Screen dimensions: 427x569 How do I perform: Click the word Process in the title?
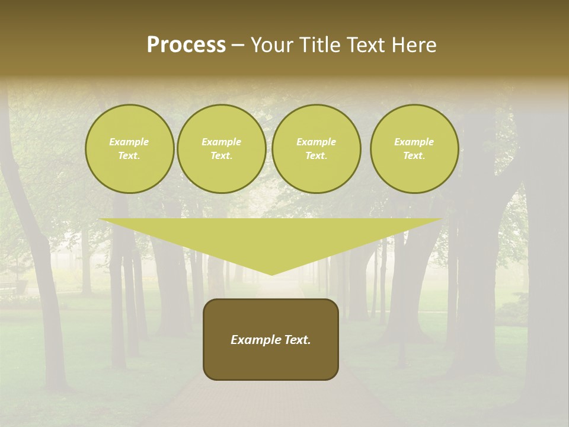[186, 45]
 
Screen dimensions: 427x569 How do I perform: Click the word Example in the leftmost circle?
[129, 142]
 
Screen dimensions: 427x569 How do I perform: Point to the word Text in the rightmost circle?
[414, 156]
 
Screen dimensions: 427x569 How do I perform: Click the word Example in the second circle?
[222, 142]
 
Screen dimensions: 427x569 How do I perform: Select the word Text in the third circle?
[316, 156]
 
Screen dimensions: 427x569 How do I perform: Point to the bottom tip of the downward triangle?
[272, 275]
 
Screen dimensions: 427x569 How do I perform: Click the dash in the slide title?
[238, 45]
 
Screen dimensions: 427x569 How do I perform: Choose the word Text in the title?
[364, 45]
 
